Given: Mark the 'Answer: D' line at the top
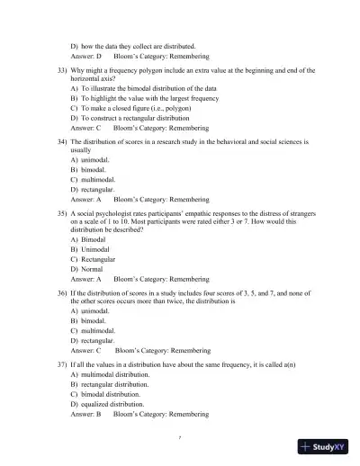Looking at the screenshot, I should [86, 55].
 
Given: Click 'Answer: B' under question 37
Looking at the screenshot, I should [86, 415].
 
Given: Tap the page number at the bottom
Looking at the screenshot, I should [181, 437].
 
